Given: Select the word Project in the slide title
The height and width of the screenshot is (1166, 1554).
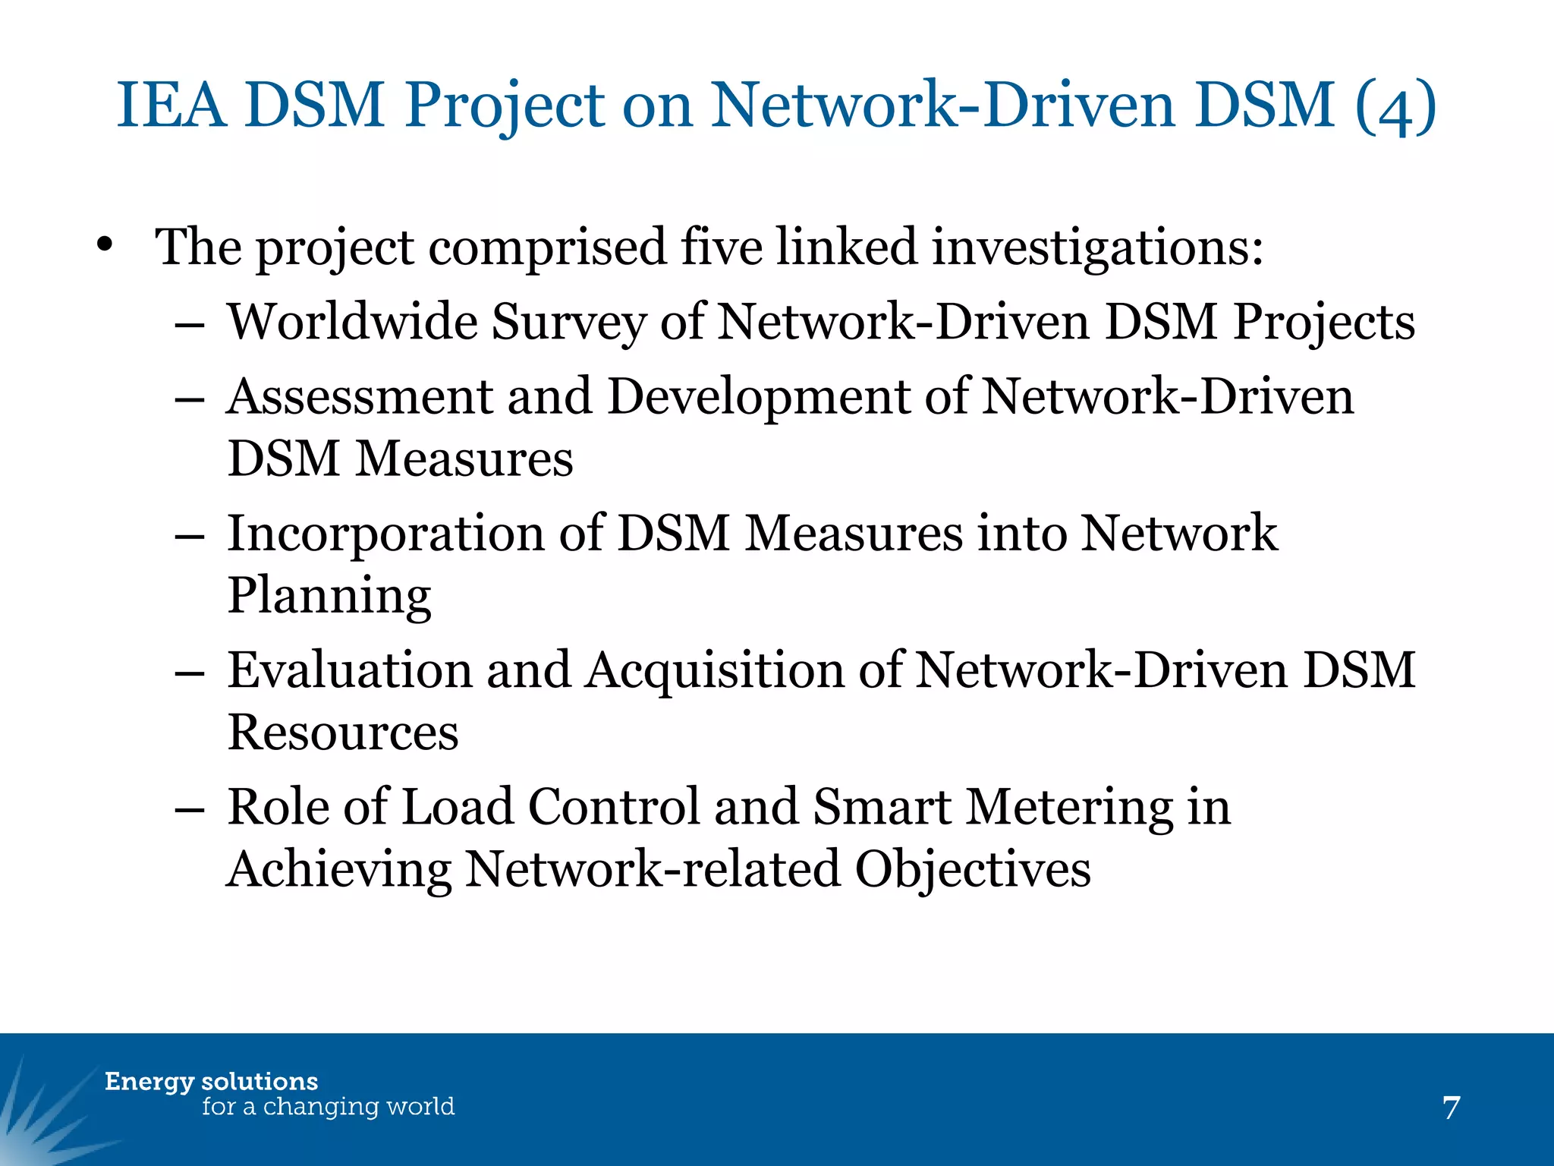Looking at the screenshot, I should pyautogui.click(x=505, y=106).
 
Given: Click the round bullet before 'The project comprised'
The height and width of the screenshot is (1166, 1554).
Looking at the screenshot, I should pyautogui.click(x=105, y=245).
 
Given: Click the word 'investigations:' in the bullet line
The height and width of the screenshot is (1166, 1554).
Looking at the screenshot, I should pyautogui.click(x=1097, y=248).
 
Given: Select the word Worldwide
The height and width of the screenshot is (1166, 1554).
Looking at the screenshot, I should pyautogui.click(x=352, y=321).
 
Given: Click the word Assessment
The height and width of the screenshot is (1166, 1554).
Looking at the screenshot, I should pyautogui.click(x=360, y=396).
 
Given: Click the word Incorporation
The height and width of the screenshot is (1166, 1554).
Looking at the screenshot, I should pyautogui.click(x=385, y=534).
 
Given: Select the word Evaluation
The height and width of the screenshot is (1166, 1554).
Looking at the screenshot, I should pyautogui.click(x=350, y=670).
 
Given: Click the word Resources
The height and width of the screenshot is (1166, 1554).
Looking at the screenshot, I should pyautogui.click(x=343, y=733).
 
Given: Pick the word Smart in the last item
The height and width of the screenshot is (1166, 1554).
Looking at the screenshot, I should pyautogui.click(x=881, y=807).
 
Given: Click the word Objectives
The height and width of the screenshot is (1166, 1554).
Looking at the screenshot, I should pyautogui.click(x=973, y=869).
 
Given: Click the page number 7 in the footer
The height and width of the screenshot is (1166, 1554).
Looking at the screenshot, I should pyautogui.click(x=1451, y=1108).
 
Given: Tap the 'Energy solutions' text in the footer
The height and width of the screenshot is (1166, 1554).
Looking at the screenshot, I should pyautogui.click(x=211, y=1082).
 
